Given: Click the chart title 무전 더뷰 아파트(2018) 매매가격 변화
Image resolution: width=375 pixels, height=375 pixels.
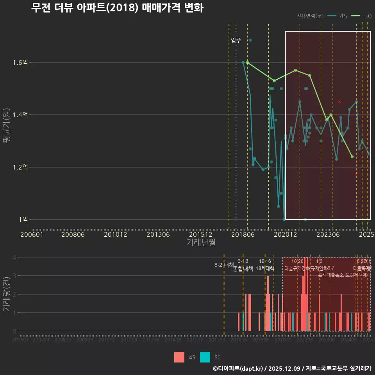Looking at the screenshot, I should pyautogui.click(x=117, y=8).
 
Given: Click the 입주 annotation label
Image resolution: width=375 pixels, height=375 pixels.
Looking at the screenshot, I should pyautogui.click(x=236, y=40).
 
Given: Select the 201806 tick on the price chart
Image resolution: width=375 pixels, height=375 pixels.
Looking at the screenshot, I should pyautogui.click(x=242, y=234).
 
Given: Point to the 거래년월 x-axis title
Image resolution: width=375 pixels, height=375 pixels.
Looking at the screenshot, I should pyautogui.click(x=201, y=243).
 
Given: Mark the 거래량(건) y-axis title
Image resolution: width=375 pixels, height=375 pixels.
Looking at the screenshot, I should pyautogui.click(x=7, y=294).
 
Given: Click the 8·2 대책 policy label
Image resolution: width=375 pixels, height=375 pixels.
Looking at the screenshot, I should pyautogui.click(x=224, y=265).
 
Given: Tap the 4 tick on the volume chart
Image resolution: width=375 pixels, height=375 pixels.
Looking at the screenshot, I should pyautogui.click(x=14, y=257).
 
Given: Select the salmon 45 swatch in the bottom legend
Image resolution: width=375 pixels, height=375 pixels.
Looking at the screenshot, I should pyautogui.click(x=179, y=357).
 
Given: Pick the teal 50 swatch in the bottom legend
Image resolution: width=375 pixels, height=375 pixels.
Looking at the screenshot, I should pyautogui.click(x=205, y=357).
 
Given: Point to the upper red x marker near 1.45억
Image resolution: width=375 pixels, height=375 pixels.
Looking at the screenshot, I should pyautogui.click(x=339, y=102).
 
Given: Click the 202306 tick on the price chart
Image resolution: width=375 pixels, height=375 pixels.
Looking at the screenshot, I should pyautogui.click(x=327, y=234).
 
